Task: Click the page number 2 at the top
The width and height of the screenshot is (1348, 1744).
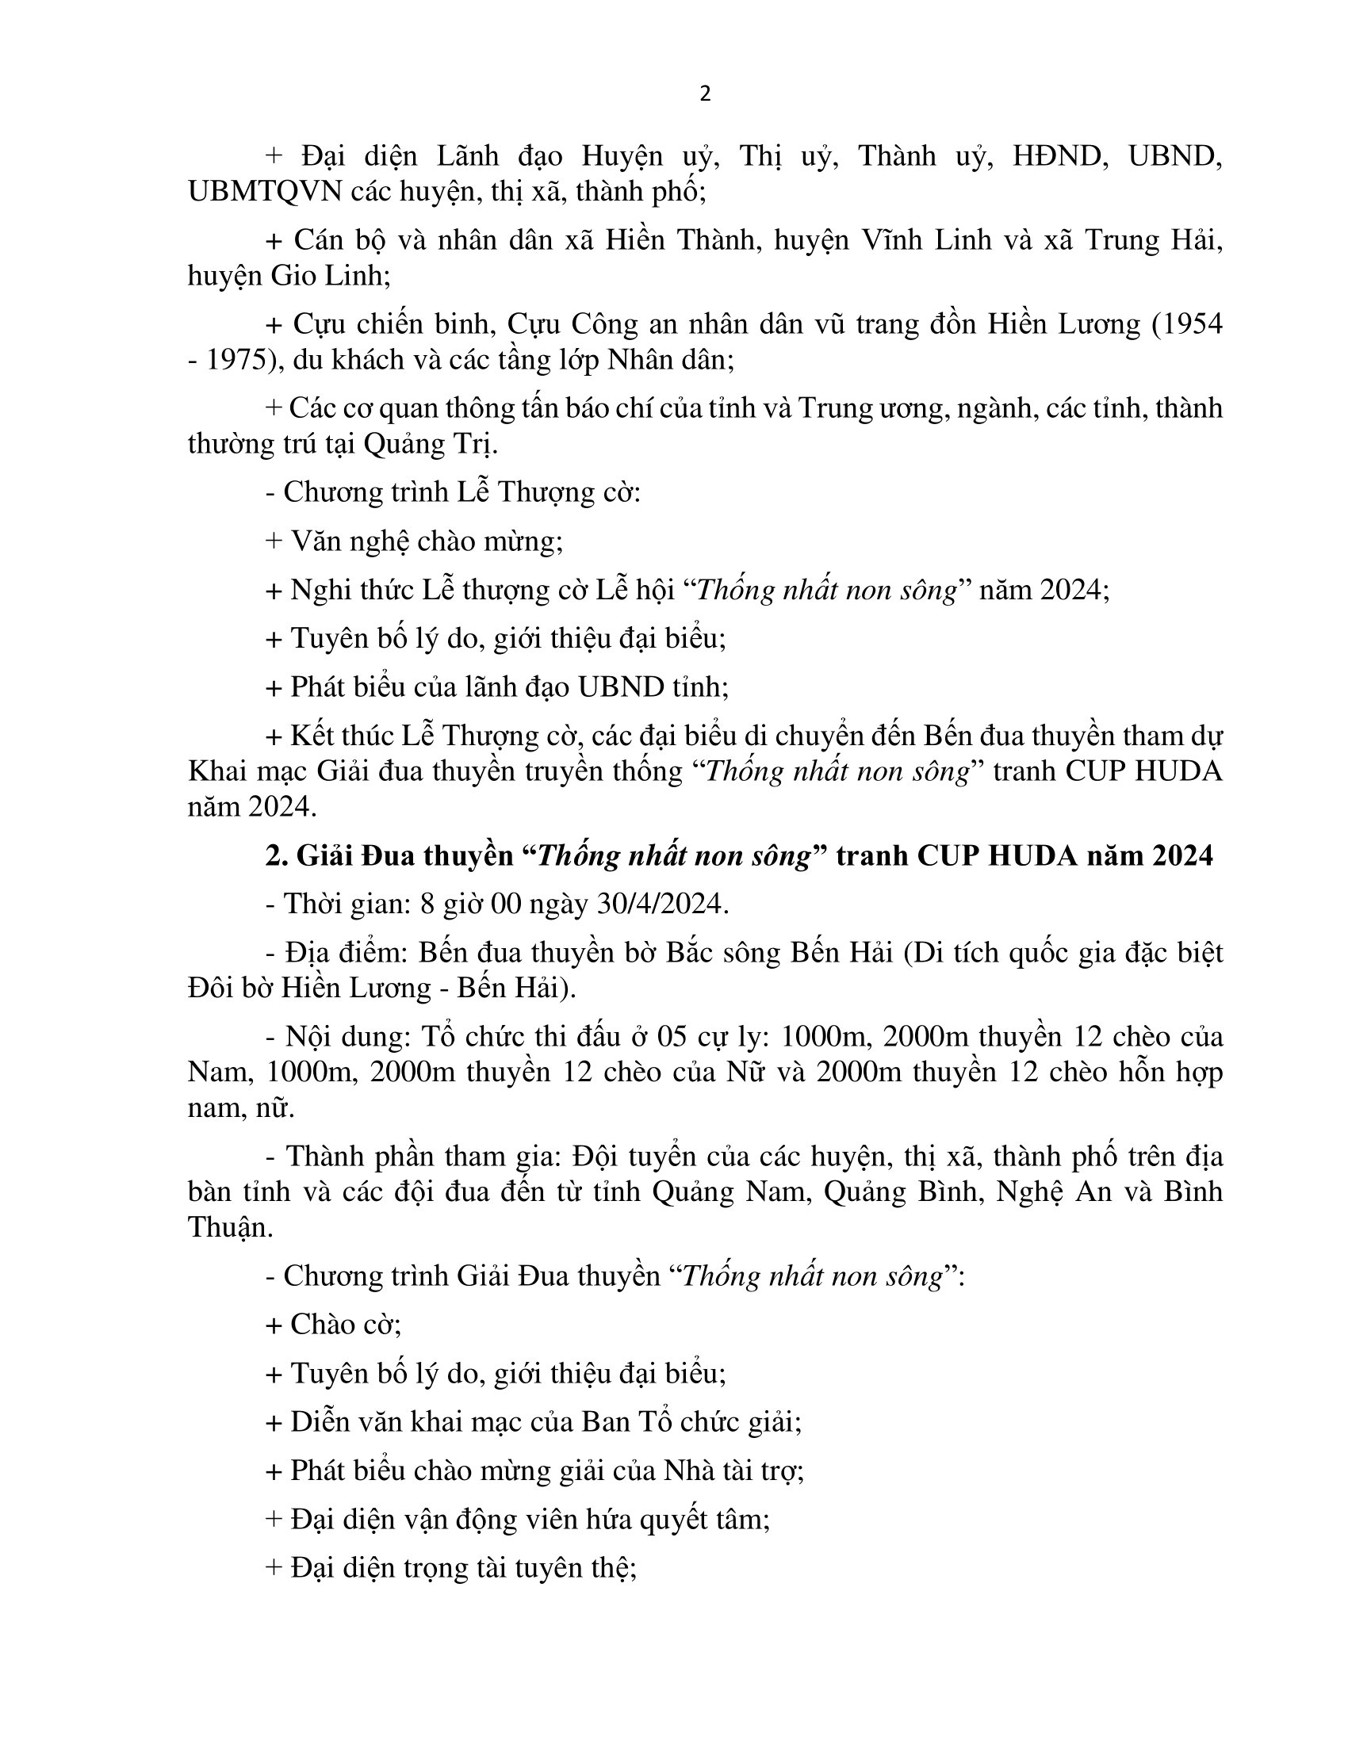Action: point(704,94)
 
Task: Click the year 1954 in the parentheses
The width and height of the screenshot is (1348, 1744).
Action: point(1191,324)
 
